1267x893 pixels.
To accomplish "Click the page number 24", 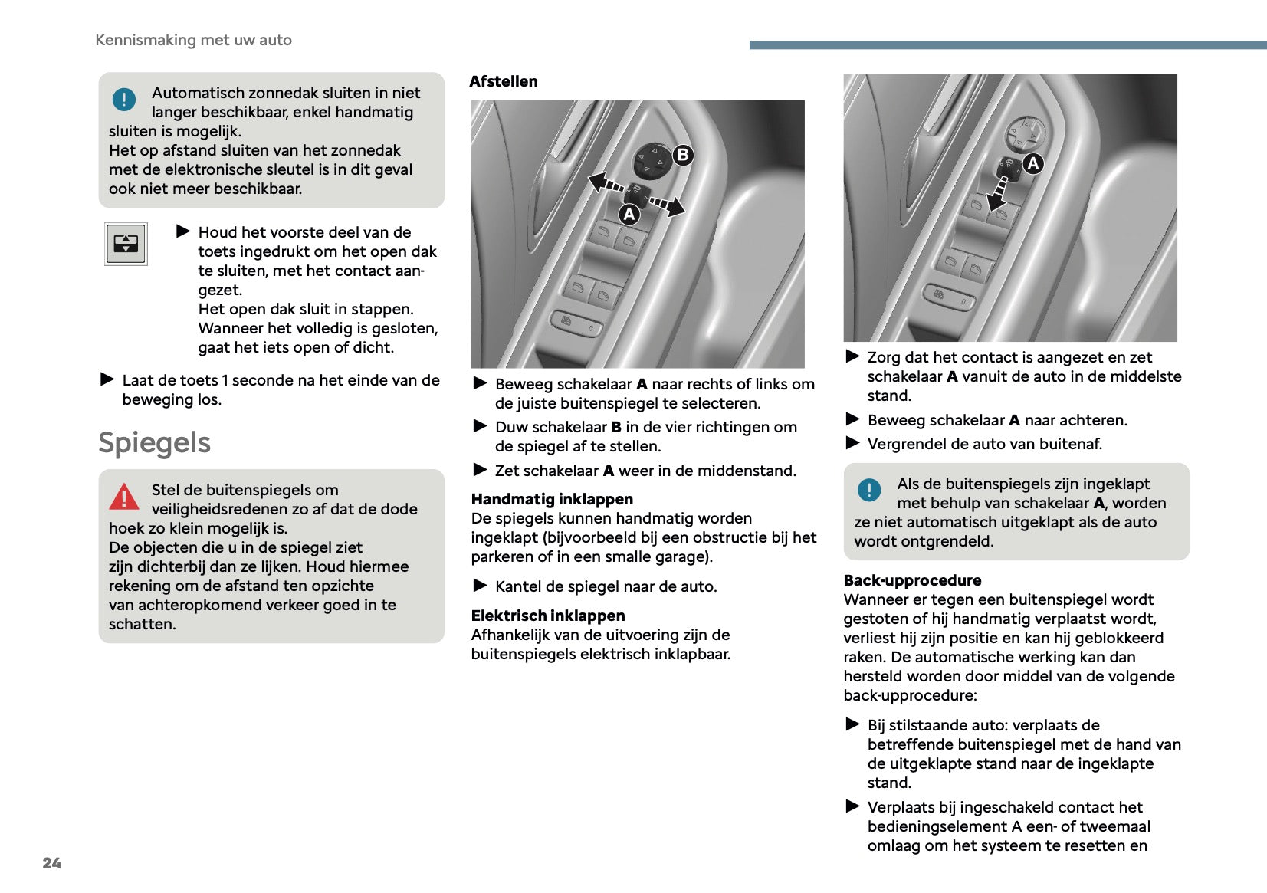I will coord(51,863).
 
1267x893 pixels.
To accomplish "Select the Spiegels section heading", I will coord(154,443).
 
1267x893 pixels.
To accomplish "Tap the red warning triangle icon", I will coord(123,497).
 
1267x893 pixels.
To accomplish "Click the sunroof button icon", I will coord(126,244).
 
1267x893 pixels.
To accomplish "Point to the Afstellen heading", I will coord(503,81).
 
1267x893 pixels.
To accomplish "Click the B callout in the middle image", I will coord(682,156).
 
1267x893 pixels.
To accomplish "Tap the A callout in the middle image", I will coord(629,215).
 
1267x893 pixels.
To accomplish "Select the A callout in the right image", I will coord(1033,163).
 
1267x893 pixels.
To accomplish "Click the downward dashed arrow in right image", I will coord(998,193).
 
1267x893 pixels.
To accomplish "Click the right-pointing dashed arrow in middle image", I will coord(667,205).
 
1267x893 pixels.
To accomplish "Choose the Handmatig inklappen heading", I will coord(552,499).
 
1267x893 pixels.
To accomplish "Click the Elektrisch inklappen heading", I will coord(548,616).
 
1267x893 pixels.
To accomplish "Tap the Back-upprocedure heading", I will coord(912,580).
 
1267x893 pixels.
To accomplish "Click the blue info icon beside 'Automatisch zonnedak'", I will coord(123,99).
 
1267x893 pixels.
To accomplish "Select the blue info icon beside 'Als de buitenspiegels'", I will coord(869,490).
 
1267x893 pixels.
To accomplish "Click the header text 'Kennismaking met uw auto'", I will coord(193,40).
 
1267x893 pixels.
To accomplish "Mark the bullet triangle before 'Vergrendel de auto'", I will coord(852,443).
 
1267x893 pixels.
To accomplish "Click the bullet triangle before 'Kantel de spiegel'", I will coord(480,586).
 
